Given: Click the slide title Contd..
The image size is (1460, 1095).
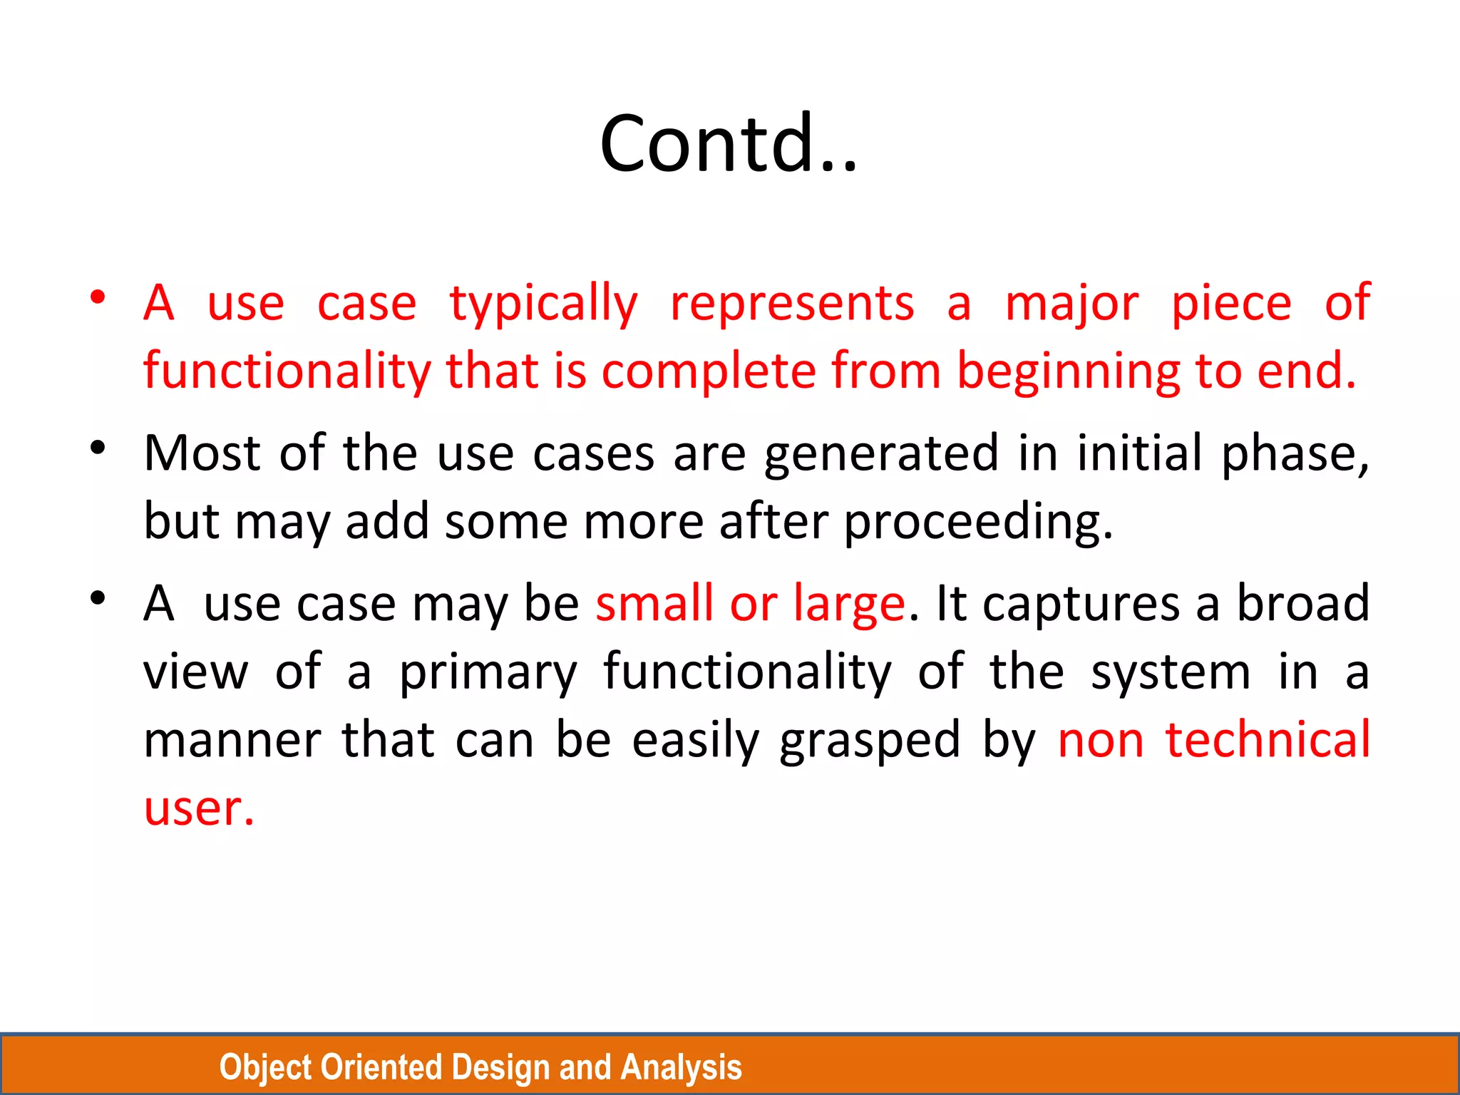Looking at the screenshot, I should pyautogui.click(x=729, y=144).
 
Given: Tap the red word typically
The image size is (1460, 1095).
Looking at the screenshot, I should pyautogui.click(x=543, y=304).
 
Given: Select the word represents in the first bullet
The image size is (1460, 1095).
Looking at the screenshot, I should pyautogui.click(x=791, y=304).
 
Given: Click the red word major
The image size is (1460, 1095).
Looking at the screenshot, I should pyautogui.click(x=1071, y=304).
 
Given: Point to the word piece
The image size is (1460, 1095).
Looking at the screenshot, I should pyautogui.click(x=1231, y=304).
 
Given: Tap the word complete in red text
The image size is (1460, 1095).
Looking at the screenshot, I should pyautogui.click(x=709, y=371).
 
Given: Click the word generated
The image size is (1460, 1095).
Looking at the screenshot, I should pyautogui.click(x=881, y=453).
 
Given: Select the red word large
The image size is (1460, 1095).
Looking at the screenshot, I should pyautogui.click(x=848, y=604).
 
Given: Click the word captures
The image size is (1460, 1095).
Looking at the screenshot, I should pyautogui.click(x=1081, y=604).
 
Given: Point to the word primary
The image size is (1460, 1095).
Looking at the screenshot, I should pyautogui.click(x=488, y=672).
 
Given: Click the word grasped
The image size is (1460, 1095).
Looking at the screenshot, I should pyautogui.click(x=870, y=740).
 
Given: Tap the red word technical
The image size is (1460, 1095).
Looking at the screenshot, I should pyautogui.click(x=1268, y=740).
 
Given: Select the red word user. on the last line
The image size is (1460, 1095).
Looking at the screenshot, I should pyautogui.click(x=199, y=808).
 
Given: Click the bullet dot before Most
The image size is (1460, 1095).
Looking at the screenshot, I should pyautogui.click(x=98, y=448).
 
